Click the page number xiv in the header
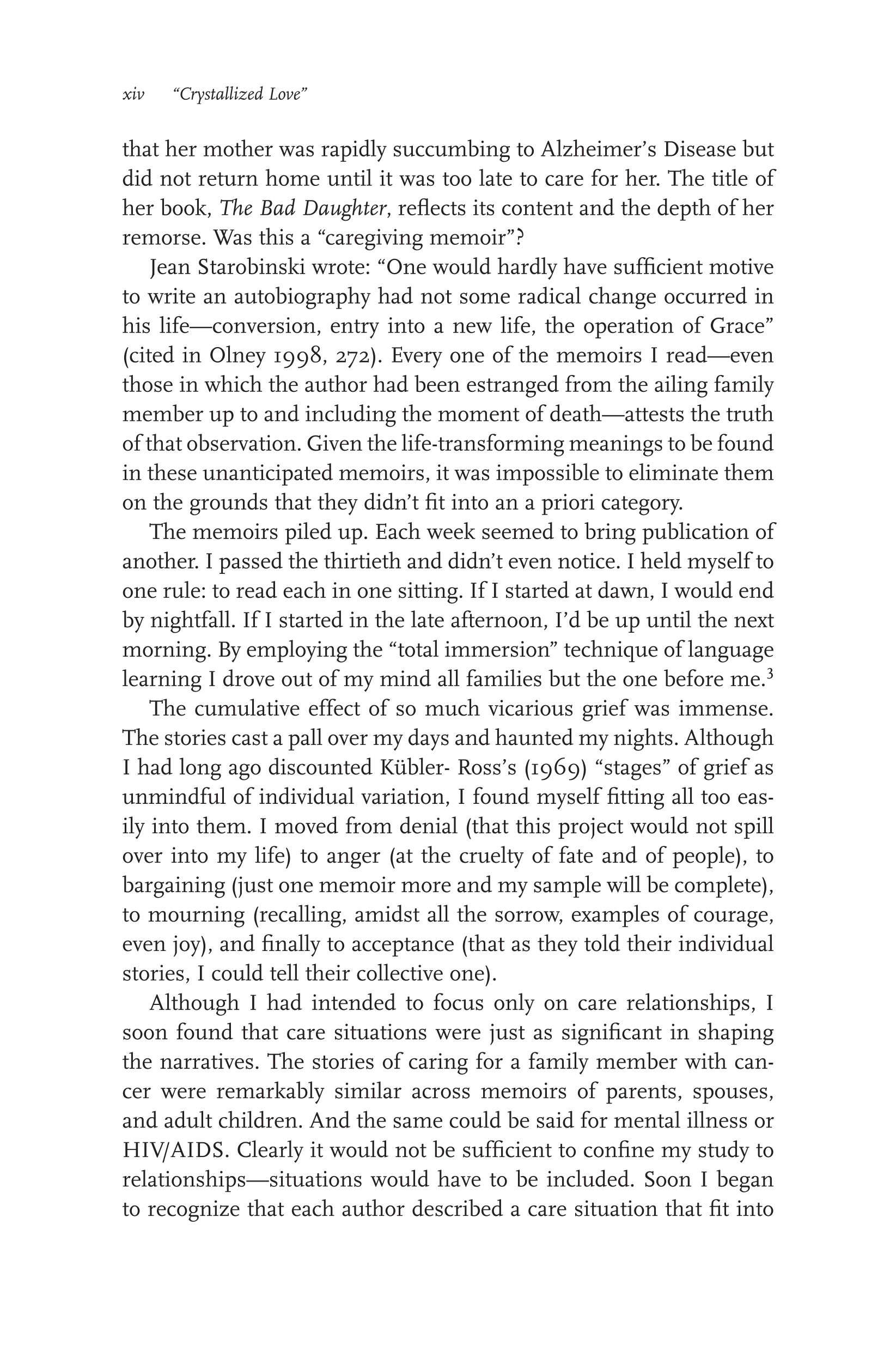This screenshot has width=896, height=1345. pos(133,94)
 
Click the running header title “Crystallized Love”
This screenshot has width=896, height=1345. pos(240,94)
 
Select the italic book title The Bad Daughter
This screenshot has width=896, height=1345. pos(303,209)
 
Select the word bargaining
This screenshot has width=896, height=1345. pos(174,886)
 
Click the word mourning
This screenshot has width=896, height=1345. pos(196,915)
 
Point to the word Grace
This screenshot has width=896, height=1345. pos(741,326)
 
